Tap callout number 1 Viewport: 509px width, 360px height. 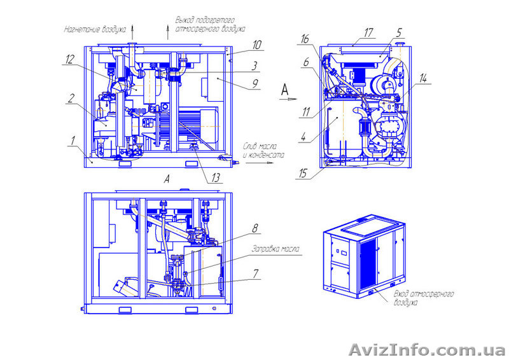point(74,139)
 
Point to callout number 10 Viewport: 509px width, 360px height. point(256,45)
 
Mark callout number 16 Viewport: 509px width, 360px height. point(305,39)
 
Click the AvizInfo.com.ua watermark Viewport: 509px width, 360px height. point(428,349)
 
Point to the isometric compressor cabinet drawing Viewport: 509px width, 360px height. point(365,257)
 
